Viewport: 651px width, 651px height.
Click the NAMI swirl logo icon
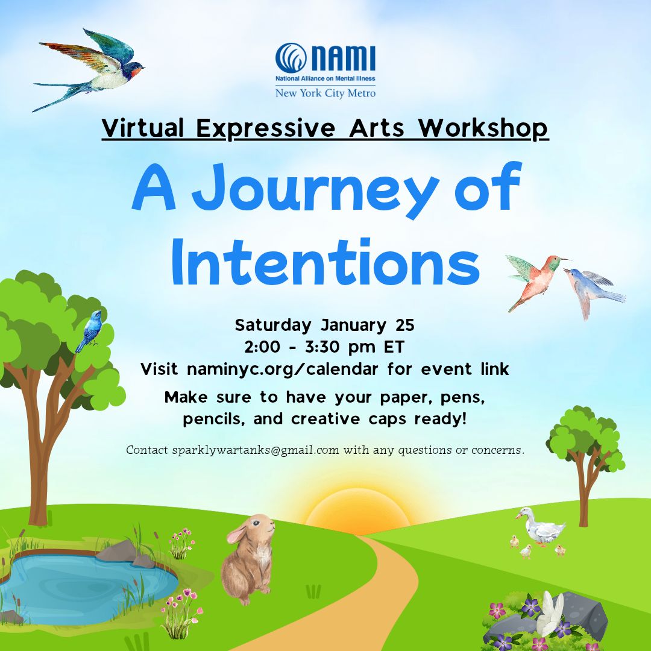pyautogui.click(x=291, y=58)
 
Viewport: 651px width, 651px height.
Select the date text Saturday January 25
pyautogui.click(x=325, y=325)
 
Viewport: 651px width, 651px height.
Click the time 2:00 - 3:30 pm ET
pyautogui.click(x=325, y=347)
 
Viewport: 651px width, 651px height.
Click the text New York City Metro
pyautogui.click(x=325, y=93)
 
